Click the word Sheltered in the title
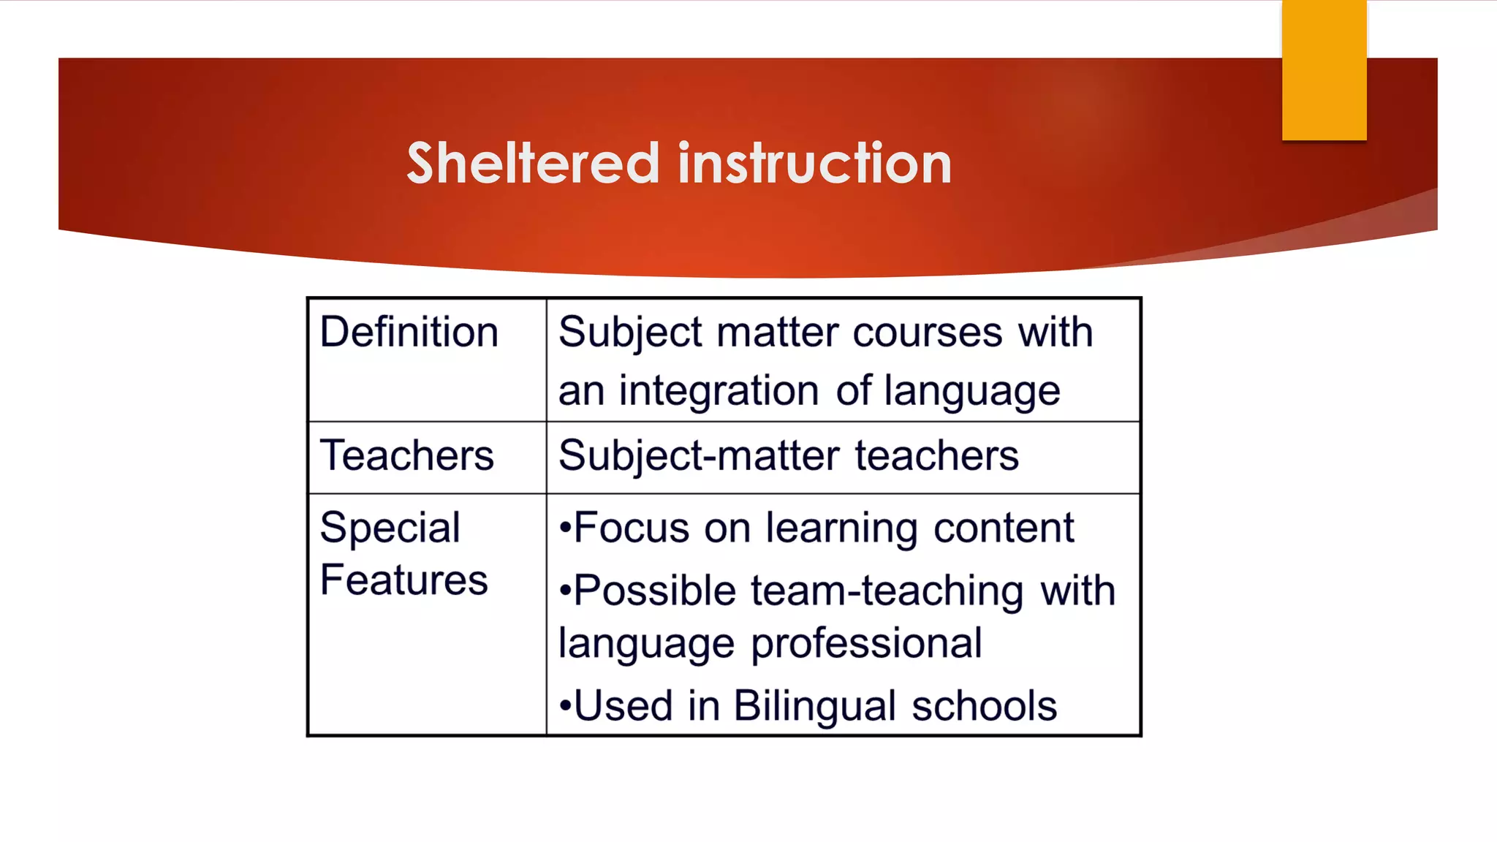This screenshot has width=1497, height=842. [533, 163]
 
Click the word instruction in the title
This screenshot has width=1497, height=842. [814, 163]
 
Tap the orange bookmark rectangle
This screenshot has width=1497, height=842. [1324, 69]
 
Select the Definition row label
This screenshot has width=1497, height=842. [409, 333]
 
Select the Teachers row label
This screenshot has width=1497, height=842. [406, 455]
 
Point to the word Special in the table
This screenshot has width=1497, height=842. [390, 528]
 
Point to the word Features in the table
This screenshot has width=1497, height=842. [403, 580]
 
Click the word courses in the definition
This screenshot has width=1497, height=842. [927, 333]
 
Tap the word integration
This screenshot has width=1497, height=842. [719, 391]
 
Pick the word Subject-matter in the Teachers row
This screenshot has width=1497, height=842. [698, 455]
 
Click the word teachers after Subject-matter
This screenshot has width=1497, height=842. [936, 455]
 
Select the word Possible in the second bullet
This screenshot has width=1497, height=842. [655, 591]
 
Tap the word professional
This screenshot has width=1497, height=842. [866, 644]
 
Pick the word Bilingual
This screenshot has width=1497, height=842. [814, 706]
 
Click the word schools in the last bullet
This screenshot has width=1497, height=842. [984, 706]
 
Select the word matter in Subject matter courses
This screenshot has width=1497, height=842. [777, 333]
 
